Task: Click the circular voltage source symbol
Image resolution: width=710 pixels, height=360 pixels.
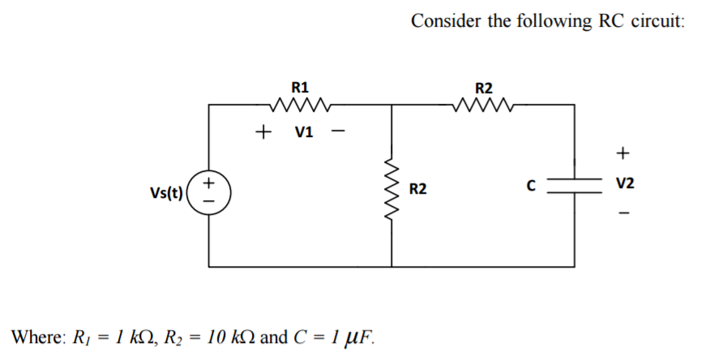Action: pyautogui.click(x=209, y=191)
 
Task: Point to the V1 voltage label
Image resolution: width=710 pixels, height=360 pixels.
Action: pyautogui.click(x=303, y=131)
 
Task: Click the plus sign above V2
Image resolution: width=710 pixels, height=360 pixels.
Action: pyautogui.click(x=622, y=152)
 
